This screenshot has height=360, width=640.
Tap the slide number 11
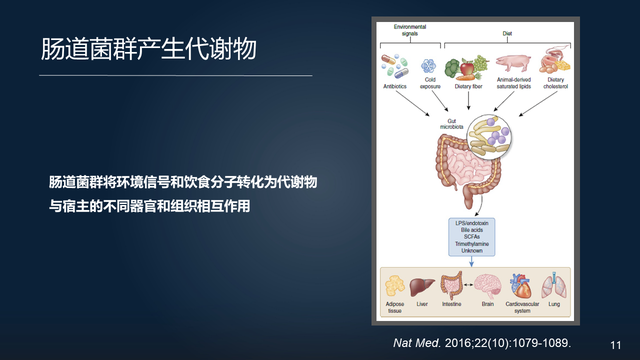616,342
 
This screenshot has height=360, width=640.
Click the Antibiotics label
396,86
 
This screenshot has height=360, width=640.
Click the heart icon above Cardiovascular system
522,284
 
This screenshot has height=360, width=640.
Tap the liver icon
422,284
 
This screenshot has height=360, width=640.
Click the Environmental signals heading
414,29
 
